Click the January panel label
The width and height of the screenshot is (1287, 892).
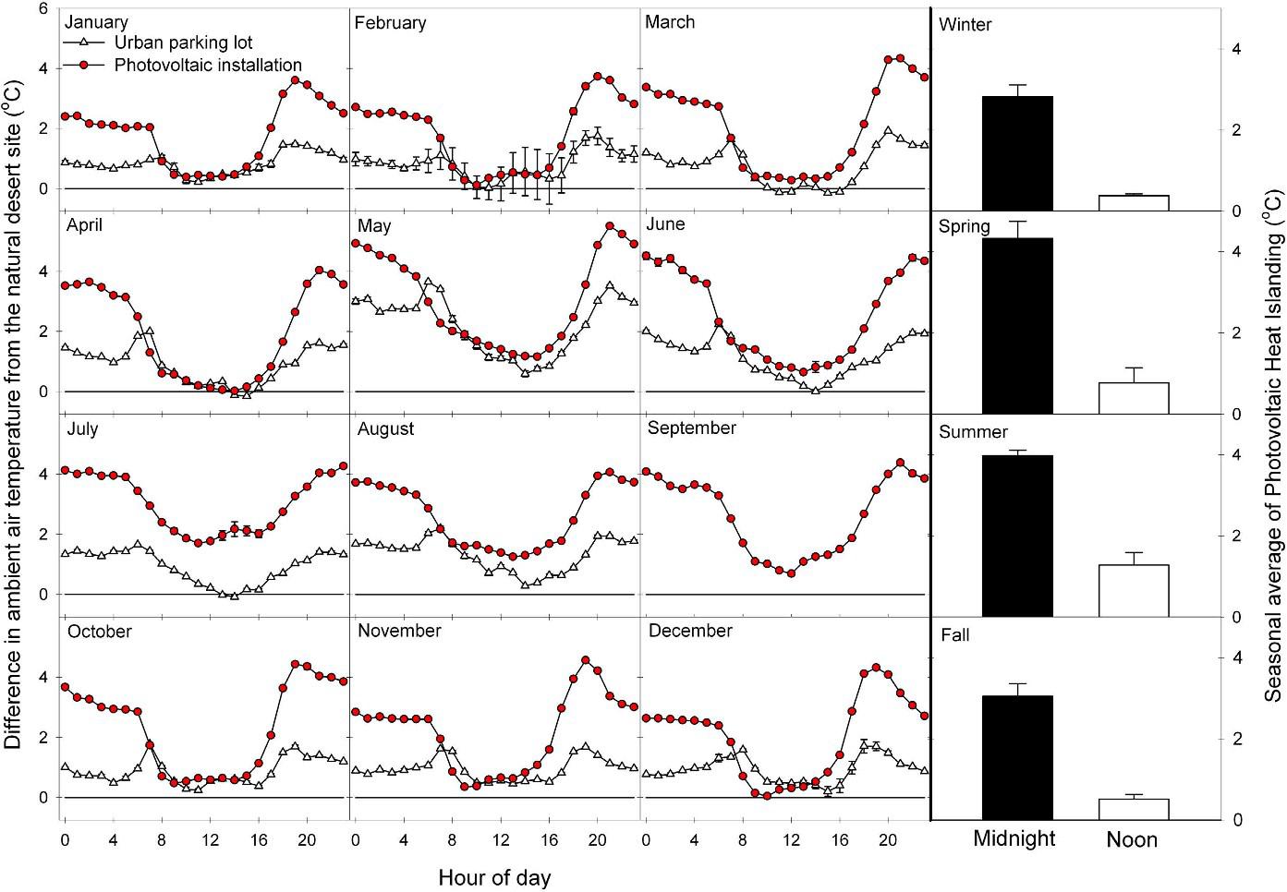pos(97,22)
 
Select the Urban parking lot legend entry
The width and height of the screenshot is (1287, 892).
pos(183,42)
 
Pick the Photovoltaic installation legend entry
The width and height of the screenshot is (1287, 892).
pos(208,66)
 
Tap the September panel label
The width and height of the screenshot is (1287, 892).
pos(692,428)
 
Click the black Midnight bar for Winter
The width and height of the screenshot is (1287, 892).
pos(1017,153)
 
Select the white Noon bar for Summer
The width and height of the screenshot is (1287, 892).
pos(1134,590)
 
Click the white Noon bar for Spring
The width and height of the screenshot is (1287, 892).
pos(1134,398)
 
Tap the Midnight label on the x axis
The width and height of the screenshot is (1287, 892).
pos(1014,838)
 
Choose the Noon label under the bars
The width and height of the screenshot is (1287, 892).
pos(1132,839)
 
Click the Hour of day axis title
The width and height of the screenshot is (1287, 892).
pos(494,877)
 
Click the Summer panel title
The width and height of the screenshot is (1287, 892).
pos(973,432)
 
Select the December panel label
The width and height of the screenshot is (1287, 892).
pos(690,632)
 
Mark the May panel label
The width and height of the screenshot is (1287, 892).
pos(373,225)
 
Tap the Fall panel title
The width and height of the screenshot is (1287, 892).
pos(954,635)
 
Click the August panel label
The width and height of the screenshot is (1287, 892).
pos(385,428)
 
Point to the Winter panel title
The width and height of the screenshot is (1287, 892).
pos(965,25)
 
